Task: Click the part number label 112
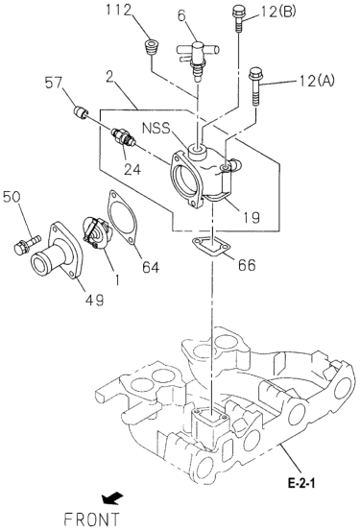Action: [117, 11]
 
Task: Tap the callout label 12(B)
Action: [278, 12]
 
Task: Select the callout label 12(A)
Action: [316, 81]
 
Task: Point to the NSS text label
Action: [156, 129]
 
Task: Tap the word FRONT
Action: [92, 520]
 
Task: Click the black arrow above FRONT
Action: [112, 497]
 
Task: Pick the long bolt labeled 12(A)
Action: [255, 86]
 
